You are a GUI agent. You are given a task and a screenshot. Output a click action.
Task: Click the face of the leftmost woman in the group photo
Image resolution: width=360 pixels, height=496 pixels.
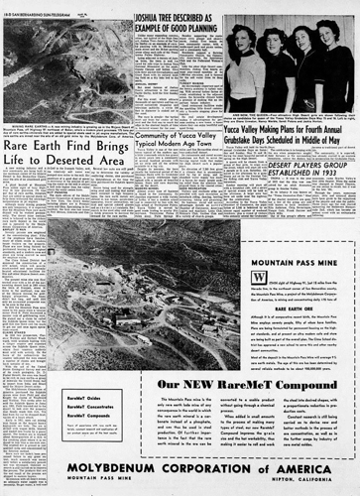241,45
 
